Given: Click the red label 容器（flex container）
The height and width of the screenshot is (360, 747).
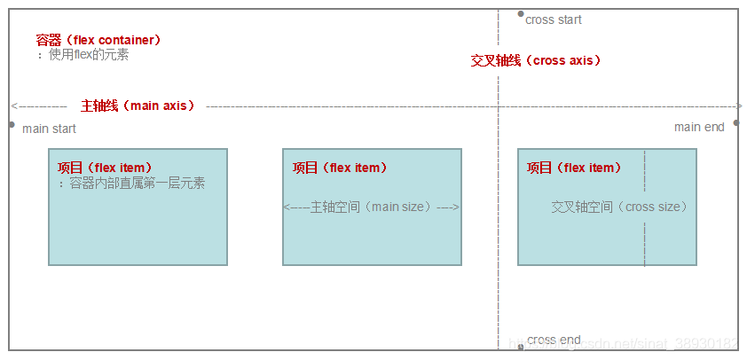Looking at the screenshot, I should click(98, 40).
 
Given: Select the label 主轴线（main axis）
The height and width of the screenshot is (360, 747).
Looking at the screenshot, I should click(138, 105).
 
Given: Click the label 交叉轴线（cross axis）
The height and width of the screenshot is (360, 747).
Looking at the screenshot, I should click(536, 60).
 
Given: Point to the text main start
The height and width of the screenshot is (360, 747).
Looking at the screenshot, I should click(49, 129).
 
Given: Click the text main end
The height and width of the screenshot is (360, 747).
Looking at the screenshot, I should click(699, 127).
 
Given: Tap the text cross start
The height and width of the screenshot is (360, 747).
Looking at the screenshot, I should click(554, 20).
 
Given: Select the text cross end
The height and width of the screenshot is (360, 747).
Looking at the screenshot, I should click(554, 340).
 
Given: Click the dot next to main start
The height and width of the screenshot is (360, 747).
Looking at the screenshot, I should click(12, 124).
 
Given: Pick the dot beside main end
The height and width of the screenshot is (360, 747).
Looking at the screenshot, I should click(735, 127).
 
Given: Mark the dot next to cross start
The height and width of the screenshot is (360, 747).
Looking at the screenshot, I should click(520, 14).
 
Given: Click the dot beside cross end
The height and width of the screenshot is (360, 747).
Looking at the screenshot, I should click(521, 346).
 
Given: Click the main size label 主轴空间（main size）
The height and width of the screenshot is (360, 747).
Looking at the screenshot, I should click(371, 207).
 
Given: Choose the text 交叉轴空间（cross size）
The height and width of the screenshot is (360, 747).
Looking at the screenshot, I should click(619, 207).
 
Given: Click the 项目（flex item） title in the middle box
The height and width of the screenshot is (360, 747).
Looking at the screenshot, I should click(340, 168).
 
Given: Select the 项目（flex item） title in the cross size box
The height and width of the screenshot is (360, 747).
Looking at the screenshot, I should click(574, 168).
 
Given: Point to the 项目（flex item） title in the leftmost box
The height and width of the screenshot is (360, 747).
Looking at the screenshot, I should click(105, 168).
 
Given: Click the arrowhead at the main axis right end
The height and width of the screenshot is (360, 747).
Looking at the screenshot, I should click(739, 106).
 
